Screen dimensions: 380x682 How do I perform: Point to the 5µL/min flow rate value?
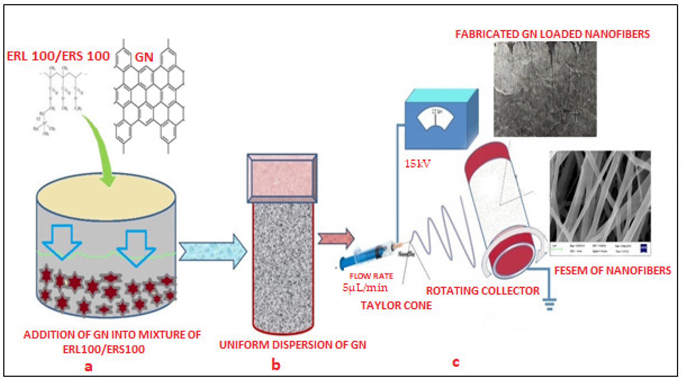[365, 287]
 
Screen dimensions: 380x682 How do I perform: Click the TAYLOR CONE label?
[396, 306]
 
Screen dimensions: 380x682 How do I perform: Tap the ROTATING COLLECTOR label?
[482, 291]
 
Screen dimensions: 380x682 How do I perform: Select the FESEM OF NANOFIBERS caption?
[613, 271]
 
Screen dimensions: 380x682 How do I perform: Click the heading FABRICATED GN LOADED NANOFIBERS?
[552, 34]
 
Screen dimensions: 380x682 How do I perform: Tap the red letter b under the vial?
[276, 365]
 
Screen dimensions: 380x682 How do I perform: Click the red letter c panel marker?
[456, 362]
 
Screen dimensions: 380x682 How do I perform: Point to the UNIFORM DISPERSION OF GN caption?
[293, 345]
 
